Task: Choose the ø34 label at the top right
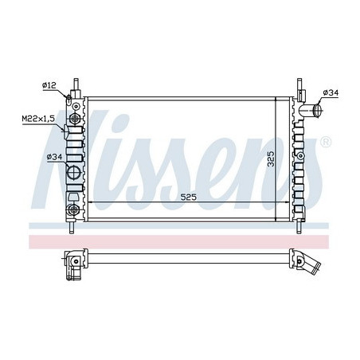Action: point(331,94)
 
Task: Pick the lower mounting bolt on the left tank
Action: point(74,209)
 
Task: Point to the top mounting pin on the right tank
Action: point(298,84)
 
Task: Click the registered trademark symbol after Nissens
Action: point(324,143)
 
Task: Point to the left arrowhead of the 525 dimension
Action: point(88,205)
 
